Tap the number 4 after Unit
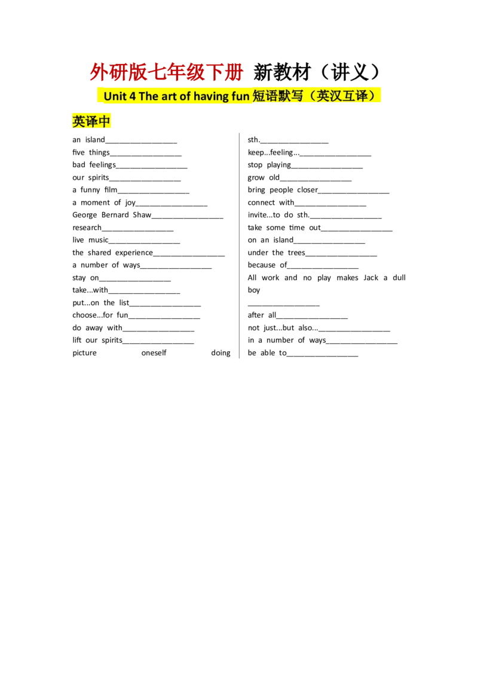point(132,96)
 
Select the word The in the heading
point(148,96)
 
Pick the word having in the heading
point(212,96)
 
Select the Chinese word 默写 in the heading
point(292,96)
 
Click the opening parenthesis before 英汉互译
point(311,96)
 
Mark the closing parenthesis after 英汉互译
point(375,96)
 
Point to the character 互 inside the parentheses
point(351,96)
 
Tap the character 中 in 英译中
point(105,122)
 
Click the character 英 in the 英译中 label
point(78,122)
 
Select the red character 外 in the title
point(97,73)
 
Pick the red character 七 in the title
point(157,73)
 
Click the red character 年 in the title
point(176,73)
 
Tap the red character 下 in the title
point(215,73)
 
